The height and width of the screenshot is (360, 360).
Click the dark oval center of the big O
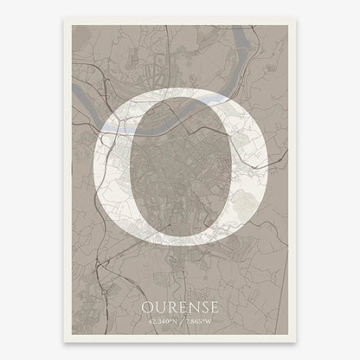[x=182, y=169]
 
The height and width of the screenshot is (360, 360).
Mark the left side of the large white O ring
[x=110, y=169]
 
